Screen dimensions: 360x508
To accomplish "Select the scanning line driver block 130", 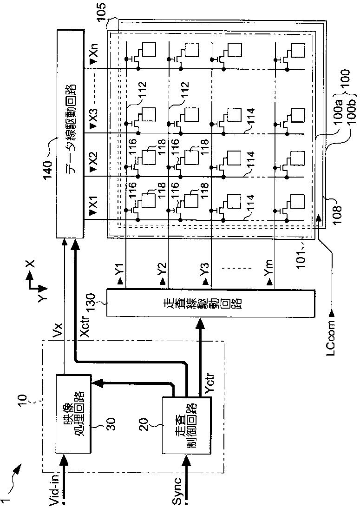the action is click(x=210, y=303).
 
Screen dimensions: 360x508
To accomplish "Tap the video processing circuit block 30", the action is click(x=74, y=413).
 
